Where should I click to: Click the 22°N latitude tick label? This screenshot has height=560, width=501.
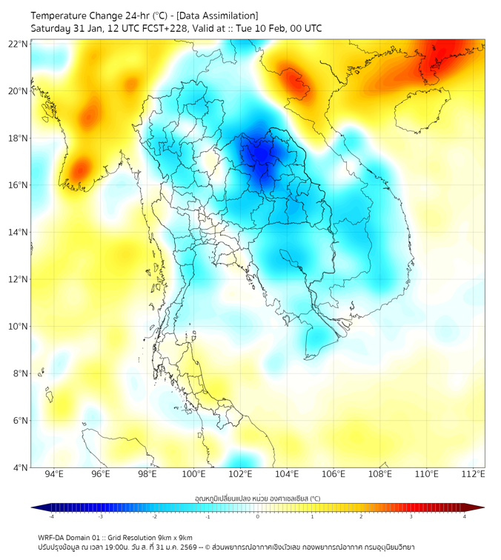coord(19,44)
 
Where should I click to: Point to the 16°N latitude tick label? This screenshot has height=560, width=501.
coord(19,185)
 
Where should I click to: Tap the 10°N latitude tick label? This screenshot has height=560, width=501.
coord(19,327)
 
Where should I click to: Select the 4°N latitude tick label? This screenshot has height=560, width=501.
coord(19,468)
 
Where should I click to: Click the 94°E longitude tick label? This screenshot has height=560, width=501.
coord(54,474)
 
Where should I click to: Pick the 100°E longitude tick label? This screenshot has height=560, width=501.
coord(194,474)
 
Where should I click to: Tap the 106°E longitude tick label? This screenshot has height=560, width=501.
coord(334,474)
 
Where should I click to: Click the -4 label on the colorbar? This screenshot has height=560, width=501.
coord(50,516)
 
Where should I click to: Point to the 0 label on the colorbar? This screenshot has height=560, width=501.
coord(258,516)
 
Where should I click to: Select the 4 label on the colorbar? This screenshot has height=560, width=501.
coord(465,516)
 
